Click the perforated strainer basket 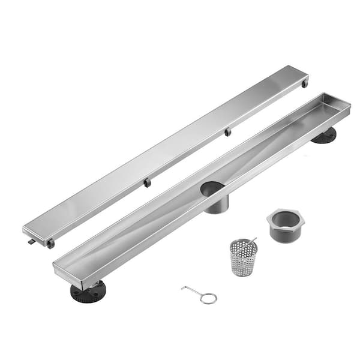[x=243, y=258]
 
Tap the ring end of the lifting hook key [x=209, y=298]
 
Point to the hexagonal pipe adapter [x=285, y=224]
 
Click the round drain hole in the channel [x=213, y=189]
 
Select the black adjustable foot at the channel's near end [x=88, y=292]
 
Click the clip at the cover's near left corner [x=51, y=244]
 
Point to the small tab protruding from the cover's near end [x=31, y=241]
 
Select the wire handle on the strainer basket [x=253, y=241]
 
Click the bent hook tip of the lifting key [x=184, y=289]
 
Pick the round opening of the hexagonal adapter [x=285, y=218]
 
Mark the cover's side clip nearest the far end [x=227, y=131]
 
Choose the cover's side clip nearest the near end [x=147, y=182]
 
